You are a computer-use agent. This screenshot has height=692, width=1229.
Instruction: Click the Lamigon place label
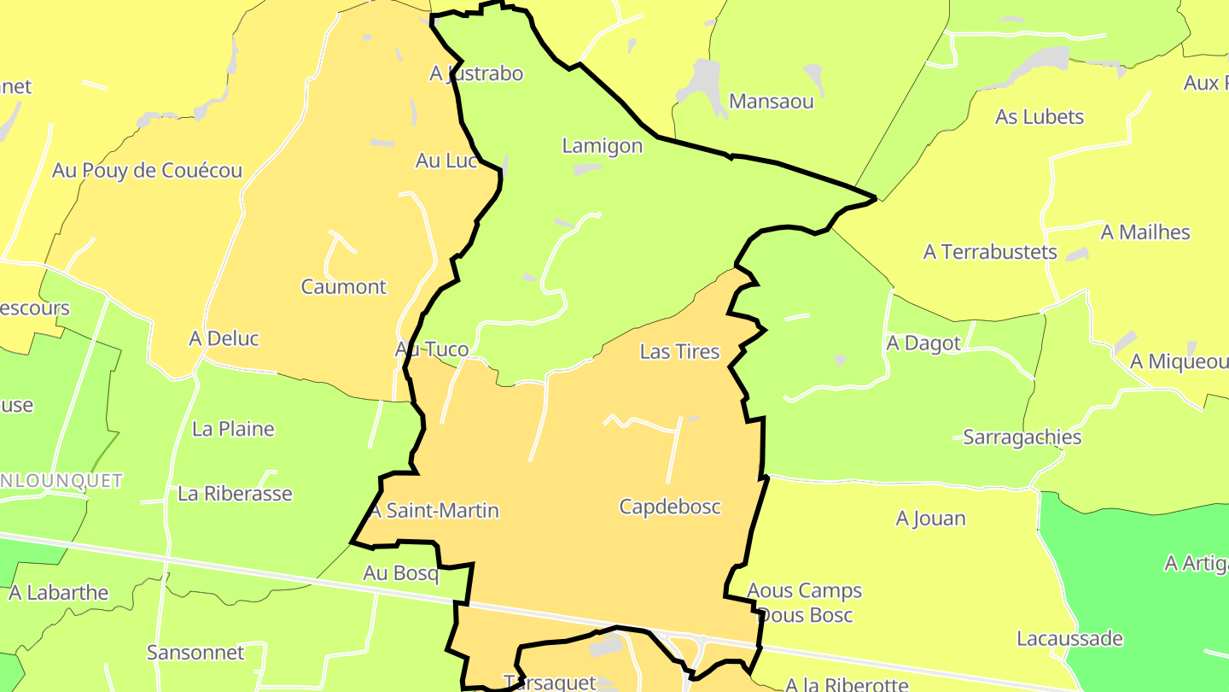[602, 146]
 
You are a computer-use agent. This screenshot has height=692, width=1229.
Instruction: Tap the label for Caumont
[343, 287]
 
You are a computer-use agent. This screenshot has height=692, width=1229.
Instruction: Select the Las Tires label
[679, 352]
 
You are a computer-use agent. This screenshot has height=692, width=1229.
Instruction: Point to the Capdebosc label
[670, 507]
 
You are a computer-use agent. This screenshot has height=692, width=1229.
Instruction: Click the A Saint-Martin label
[434, 511]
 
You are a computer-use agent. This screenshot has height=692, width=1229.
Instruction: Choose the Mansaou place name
[772, 102]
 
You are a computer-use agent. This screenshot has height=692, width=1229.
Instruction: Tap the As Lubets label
[1040, 117]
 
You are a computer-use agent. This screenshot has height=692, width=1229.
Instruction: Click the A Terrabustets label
[990, 253]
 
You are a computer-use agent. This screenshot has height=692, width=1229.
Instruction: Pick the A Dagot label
[923, 343]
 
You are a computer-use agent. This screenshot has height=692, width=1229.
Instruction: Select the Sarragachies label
[1022, 437]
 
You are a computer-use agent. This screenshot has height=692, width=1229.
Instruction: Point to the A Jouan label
[930, 519]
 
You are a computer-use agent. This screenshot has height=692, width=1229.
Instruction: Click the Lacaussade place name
[1069, 639]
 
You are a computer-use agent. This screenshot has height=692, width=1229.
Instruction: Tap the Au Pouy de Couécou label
[147, 171]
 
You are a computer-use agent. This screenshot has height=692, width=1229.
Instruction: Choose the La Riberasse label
[235, 494]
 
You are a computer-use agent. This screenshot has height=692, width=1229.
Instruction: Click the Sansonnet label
[195, 653]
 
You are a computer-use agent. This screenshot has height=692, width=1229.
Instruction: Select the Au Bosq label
[400, 573]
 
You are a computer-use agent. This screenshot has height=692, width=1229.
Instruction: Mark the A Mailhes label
[1145, 232]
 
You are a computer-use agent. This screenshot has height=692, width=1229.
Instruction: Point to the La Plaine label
[233, 429]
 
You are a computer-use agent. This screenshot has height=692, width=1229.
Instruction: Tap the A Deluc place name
[224, 339]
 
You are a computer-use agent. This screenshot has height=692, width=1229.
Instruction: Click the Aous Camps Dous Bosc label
[804, 602]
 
